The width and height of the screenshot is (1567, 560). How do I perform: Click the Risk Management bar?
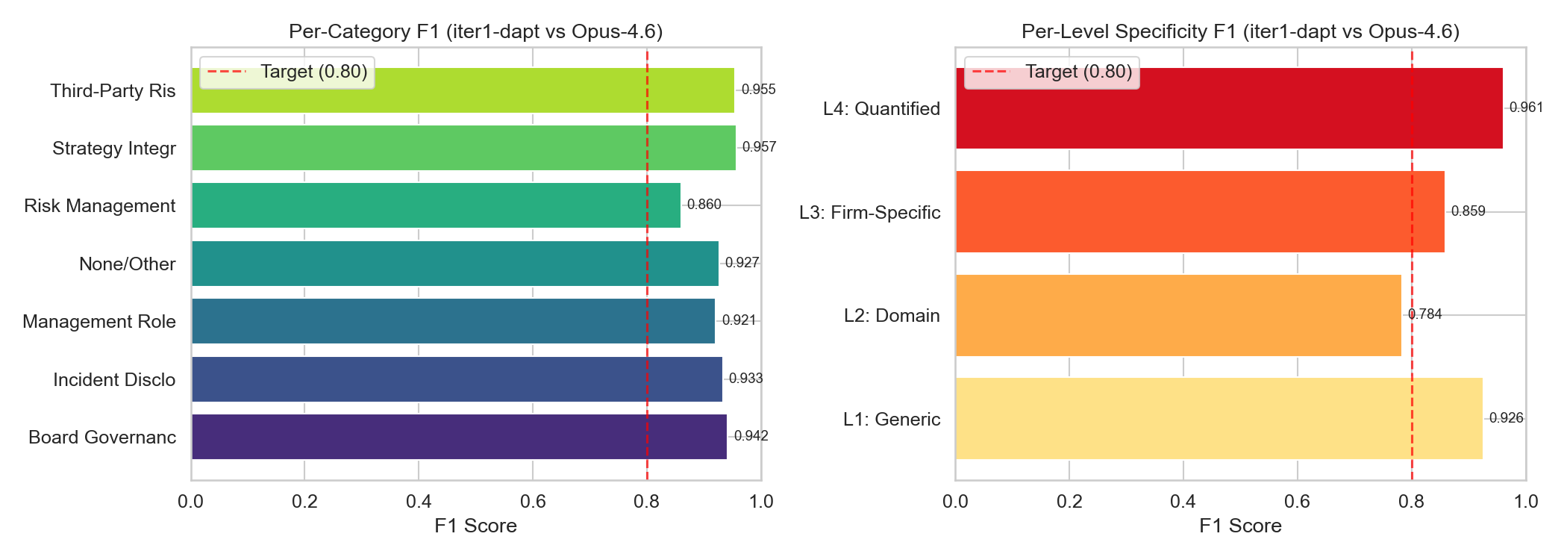click(x=436, y=205)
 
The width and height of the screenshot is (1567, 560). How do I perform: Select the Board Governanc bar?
click(x=459, y=437)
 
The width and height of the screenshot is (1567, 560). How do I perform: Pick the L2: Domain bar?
click(x=1178, y=315)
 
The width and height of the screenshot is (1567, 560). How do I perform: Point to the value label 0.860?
click(x=704, y=205)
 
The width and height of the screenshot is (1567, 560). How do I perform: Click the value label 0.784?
click(x=1424, y=314)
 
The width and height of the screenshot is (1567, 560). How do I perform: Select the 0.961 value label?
click(x=1526, y=108)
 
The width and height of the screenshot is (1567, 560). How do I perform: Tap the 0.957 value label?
click(x=759, y=147)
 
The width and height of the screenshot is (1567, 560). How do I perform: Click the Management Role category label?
click(x=99, y=322)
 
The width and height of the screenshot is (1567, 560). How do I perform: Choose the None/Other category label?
click(x=128, y=264)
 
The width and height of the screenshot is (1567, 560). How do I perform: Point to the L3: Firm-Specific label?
click(x=869, y=213)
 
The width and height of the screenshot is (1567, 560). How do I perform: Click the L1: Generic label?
click(x=892, y=420)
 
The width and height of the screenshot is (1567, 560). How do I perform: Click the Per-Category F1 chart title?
click(x=475, y=31)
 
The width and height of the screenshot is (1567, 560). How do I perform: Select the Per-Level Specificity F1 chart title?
click(x=1240, y=31)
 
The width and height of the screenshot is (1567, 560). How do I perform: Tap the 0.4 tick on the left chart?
click(x=419, y=501)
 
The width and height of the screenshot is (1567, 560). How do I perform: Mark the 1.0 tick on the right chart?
click(x=1526, y=501)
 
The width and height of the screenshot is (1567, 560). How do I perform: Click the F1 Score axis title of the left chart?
click(x=475, y=526)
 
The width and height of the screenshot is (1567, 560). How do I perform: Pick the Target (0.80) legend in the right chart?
click(x=1051, y=72)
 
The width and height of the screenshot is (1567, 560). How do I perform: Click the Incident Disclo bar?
click(x=457, y=379)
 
